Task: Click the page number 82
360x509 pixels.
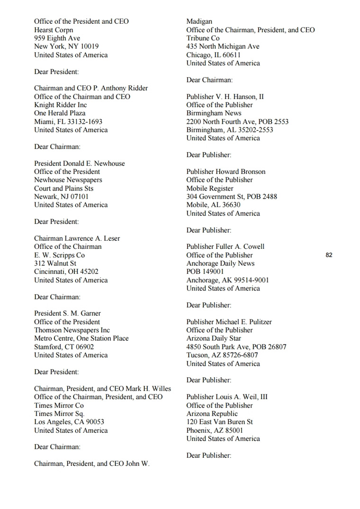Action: click(329, 255)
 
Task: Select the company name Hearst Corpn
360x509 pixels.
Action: click(54, 30)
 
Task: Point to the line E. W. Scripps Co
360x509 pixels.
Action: click(59, 255)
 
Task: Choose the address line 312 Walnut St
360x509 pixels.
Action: click(55, 264)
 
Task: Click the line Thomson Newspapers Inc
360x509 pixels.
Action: click(72, 330)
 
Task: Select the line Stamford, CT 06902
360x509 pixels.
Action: click(64, 347)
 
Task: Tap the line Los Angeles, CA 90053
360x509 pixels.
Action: click(69, 422)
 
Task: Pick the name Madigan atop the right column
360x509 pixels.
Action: click(199, 21)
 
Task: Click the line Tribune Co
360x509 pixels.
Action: click(203, 38)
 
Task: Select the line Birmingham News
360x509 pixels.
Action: click(214, 113)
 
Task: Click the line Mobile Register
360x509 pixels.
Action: click(210, 188)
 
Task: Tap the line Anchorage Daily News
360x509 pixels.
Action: click(220, 264)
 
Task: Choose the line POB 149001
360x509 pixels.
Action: click(205, 272)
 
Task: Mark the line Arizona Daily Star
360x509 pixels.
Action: click(214, 338)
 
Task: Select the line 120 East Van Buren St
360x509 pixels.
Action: click(219, 422)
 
